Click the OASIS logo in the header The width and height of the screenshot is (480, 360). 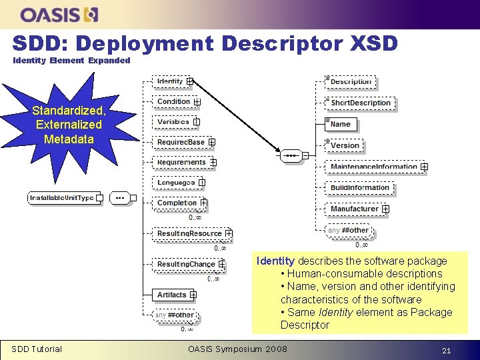click(59, 14)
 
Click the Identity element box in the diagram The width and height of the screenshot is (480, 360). click(171, 81)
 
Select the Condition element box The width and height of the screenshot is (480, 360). click(175, 101)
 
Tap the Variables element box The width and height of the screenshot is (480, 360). click(174, 122)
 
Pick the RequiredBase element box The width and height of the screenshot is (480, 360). click(182, 142)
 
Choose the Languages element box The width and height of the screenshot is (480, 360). click(177, 183)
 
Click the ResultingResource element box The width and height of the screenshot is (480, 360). click(191, 233)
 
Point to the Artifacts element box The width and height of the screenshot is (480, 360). click(173, 295)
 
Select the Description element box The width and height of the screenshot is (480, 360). click(351, 82)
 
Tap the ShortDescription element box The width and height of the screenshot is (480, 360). click(361, 103)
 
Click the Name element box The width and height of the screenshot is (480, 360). click(342, 124)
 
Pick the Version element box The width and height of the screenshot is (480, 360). click(345, 145)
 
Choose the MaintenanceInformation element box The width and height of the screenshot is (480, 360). click(375, 167)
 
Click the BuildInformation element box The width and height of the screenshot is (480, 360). click(361, 188)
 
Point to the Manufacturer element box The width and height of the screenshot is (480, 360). click(356, 209)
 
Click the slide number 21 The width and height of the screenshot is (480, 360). click(447, 349)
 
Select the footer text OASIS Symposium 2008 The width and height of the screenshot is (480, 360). click(237, 349)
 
